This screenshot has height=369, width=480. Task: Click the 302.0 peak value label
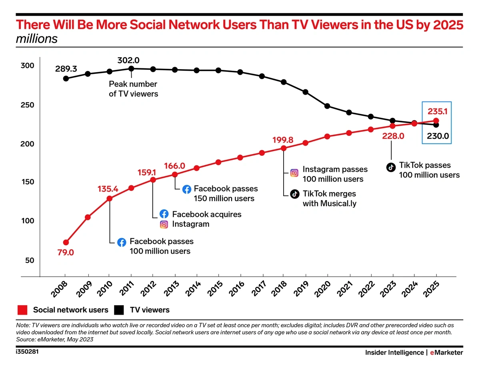click(x=128, y=61)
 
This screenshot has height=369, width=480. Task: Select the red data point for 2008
click(x=66, y=242)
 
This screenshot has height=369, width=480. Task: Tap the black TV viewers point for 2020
click(x=327, y=106)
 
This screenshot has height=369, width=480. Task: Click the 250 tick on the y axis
click(x=28, y=105)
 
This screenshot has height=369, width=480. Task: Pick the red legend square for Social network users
click(x=22, y=310)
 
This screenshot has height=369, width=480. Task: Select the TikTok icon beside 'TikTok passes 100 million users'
click(x=391, y=168)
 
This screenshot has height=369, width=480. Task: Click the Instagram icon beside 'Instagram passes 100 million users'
click(x=294, y=173)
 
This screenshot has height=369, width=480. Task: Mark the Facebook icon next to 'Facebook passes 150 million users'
click(x=186, y=189)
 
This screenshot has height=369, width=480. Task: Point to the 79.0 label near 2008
click(x=66, y=253)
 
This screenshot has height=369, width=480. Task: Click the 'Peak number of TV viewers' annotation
click(x=134, y=89)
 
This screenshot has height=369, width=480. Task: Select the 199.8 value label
click(x=283, y=140)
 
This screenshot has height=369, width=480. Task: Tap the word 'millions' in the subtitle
click(x=37, y=39)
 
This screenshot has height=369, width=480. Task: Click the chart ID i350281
click(x=28, y=352)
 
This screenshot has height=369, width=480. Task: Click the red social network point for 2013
click(x=175, y=175)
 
